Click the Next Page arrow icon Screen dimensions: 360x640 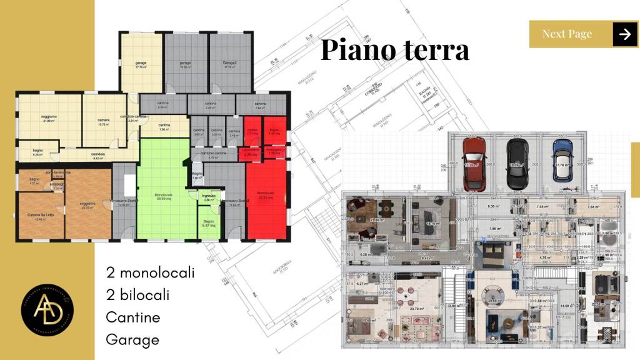coord(624,34)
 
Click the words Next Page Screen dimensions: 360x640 coord(567,34)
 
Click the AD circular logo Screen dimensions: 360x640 coord(47,311)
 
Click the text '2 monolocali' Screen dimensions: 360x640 coord(150,273)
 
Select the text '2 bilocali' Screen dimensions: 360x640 coord(137,295)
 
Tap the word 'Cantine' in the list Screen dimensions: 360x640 coord(132,317)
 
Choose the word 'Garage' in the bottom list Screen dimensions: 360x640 coord(132,340)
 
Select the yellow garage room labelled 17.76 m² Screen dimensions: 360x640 coord(141,65)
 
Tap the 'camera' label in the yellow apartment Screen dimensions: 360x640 coord(104,121)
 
